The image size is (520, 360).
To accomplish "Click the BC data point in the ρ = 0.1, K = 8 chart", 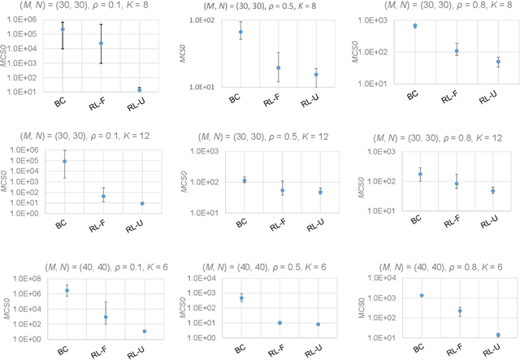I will click(x=63, y=29).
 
